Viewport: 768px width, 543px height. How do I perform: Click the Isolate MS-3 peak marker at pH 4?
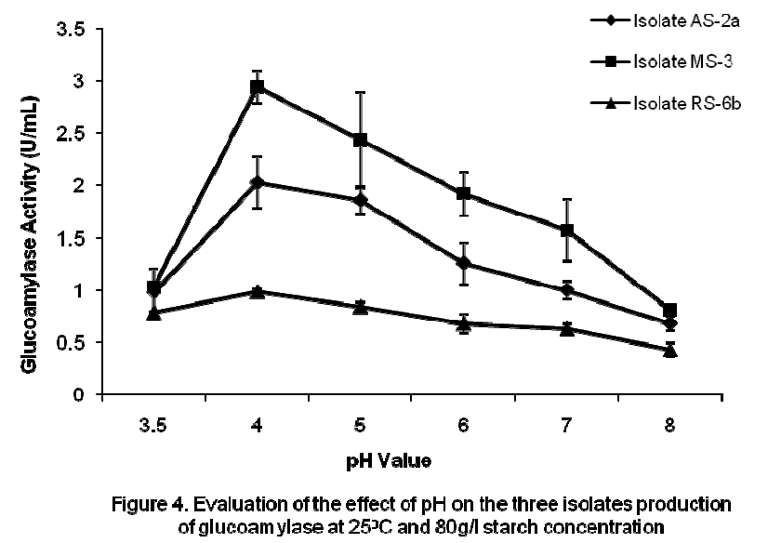(x=258, y=87)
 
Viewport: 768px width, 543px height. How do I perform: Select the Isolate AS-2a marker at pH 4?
(x=258, y=182)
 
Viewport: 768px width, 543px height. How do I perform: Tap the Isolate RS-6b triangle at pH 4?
(x=258, y=291)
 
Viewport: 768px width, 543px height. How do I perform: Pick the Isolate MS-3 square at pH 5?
(x=361, y=139)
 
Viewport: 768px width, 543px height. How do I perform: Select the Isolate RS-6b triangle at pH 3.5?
(x=154, y=313)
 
